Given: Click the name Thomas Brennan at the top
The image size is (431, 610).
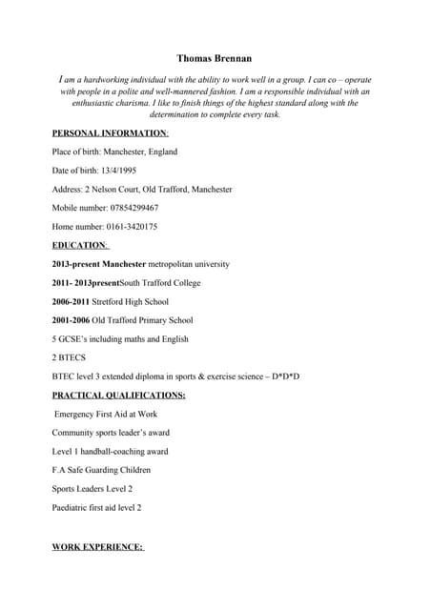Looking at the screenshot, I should (215, 59).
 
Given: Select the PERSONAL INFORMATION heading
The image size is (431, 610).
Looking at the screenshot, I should (110, 133).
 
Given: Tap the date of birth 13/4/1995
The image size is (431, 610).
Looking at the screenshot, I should (119, 171).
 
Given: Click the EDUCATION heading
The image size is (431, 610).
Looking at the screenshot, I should (80, 245).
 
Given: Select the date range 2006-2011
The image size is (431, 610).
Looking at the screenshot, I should (71, 301).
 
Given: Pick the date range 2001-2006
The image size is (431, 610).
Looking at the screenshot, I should (71, 320).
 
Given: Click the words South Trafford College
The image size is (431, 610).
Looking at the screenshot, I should (160, 283).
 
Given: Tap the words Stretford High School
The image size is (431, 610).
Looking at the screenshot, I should (131, 301).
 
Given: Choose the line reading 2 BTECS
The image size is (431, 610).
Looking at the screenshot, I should (69, 357).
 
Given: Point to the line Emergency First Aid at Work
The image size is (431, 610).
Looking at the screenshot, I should (106, 414).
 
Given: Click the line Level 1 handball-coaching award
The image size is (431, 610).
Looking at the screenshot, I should (110, 451).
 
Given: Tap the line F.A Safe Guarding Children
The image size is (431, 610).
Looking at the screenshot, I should (101, 470).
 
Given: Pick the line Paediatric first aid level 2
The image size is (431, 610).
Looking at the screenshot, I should (96, 507).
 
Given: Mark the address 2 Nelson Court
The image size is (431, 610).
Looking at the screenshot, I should (113, 190).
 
